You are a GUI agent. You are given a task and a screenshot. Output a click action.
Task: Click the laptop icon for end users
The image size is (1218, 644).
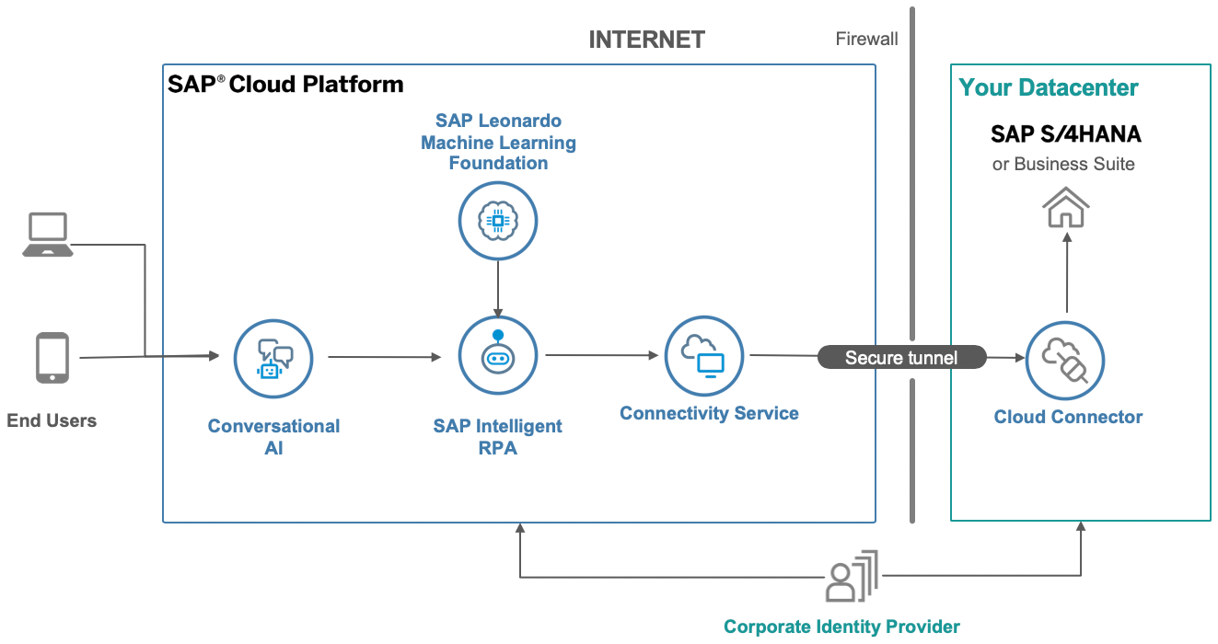pyautogui.click(x=48, y=235)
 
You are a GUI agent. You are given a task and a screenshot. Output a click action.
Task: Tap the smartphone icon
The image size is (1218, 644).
pyautogui.click(x=52, y=358)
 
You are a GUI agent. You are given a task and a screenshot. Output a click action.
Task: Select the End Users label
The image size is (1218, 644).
pyautogui.click(x=52, y=421)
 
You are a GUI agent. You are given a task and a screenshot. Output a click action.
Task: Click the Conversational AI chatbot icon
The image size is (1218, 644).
pyautogui.click(x=273, y=357)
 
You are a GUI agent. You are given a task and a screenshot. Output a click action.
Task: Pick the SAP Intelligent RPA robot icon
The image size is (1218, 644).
pyautogui.click(x=497, y=356)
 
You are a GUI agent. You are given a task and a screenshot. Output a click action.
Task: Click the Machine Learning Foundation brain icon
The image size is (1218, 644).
pyautogui.click(x=497, y=221)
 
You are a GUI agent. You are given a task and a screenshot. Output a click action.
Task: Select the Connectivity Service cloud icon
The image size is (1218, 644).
pyautogui.click(x=703, y=355)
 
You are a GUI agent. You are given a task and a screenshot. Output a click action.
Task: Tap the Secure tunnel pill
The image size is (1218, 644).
pyautogui.click(x=901, y=358)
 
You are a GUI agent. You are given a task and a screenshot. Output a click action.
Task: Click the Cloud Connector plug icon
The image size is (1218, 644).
pyautogui.click(x=1065, y=360)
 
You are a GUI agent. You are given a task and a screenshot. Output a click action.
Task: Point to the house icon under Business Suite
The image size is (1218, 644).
pyautogui.click(x=1066, y=207)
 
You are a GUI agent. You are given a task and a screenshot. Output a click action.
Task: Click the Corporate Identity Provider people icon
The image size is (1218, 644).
pyautogui.click(x=852, y=577)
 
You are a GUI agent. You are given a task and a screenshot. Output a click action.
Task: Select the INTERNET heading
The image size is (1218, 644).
pyautogui.click(x=646, y=40)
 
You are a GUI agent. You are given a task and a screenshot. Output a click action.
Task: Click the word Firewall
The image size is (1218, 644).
pyautogui.click(x=866, y=39)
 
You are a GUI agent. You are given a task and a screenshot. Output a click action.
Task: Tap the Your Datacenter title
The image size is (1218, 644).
pyautogui.click(x=1049, y=88)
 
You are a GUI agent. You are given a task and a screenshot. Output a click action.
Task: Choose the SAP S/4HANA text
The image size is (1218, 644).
pyautogui.click(x=1065, y=134)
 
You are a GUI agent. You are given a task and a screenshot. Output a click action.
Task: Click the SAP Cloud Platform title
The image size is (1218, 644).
pyautogui.click(x=285, y=85)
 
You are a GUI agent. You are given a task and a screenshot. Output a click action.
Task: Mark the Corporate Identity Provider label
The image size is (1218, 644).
pyautogui.click(x=841, y=627)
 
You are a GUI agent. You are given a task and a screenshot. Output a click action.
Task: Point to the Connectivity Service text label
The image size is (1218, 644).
pyautogui.click(x=709, y=413)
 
